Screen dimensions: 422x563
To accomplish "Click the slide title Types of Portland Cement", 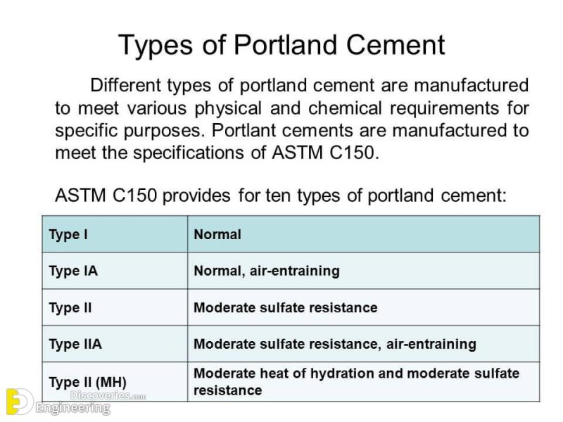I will click(x=281, y=45).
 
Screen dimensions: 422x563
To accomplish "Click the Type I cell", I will click(x=68, y=235).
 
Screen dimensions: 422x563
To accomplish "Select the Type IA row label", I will click(x=73, y=271).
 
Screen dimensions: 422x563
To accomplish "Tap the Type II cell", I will click(x=70, y=307).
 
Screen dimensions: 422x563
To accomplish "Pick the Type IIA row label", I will click(x=75, y=344).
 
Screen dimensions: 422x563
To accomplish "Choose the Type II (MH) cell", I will click(x=87, y=382).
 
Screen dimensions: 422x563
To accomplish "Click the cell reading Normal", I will click(x=217, y=235).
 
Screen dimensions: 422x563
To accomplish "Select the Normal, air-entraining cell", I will click(x=267, y=271).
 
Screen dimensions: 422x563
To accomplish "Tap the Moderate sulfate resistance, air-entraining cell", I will click(x=335, y=344).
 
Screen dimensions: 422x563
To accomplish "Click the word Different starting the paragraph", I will click(x=126, y=86).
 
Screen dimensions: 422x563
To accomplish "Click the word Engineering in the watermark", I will click(x=73, y=408).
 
